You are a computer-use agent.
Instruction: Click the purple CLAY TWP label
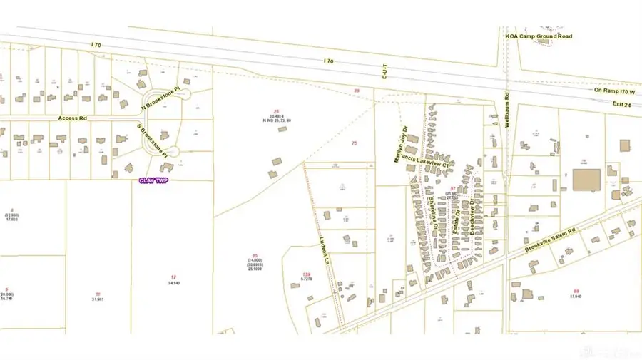tap(155, 180)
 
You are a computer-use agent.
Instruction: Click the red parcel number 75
tap(354, 144)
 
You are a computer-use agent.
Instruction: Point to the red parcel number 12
tap(173, 277)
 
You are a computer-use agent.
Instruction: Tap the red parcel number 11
tap(97, 294)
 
